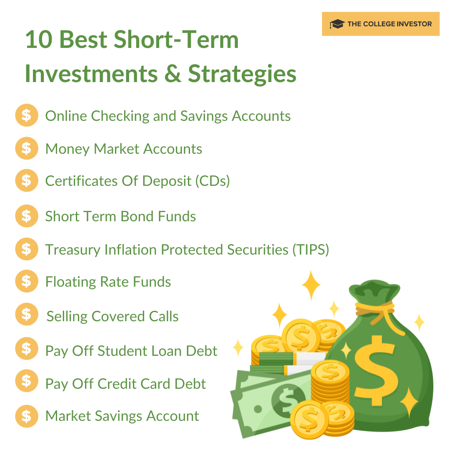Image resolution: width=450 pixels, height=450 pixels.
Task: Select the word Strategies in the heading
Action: (242, 74)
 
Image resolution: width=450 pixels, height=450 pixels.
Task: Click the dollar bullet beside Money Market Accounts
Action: (26, 148)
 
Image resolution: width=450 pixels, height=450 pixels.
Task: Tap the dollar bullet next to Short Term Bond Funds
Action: (26, 216)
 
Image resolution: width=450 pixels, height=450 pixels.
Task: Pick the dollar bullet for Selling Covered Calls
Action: (26, 315)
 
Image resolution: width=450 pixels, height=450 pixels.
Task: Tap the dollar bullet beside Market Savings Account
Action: (26, 416)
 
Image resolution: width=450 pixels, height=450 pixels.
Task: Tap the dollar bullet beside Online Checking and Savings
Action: (26, 115)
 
